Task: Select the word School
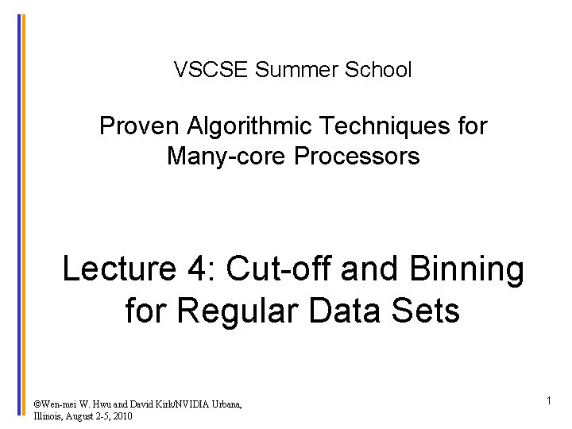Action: pyautogui.click(x=379, y=70)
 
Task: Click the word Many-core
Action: pyautogui.click(x=227, y=157)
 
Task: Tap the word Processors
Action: pyautogui.click(x=357, y=157)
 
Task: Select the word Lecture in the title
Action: pyautogui.click(x=118, y=269)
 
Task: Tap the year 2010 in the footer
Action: pyautogui.click(x=122, y=416)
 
